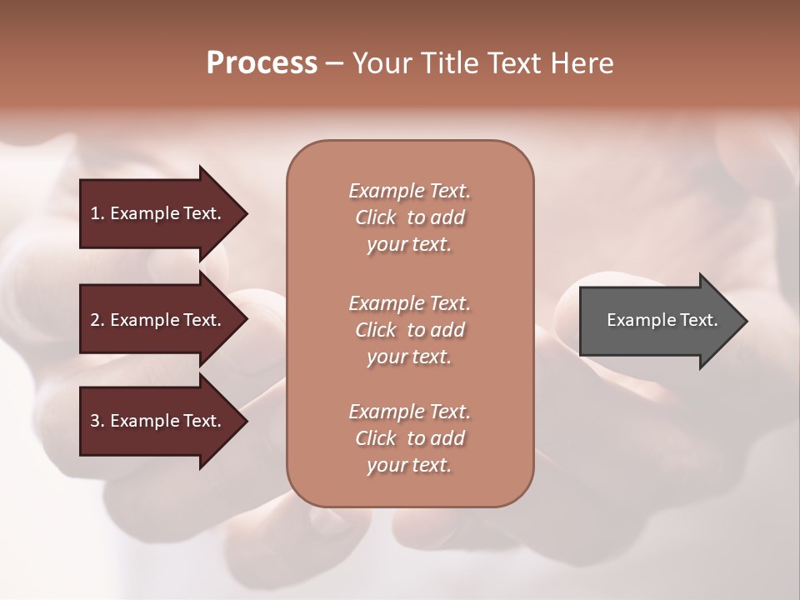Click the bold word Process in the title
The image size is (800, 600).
[x=262, y=63]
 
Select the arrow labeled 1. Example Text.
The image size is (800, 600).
[x=158, y=213]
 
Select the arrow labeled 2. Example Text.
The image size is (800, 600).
[x=158, y=320]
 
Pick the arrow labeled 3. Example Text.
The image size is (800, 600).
[x=158, y=421]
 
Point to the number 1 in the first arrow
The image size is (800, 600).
[x=95, y=213]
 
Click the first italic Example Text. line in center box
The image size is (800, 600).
[x=409, y=191]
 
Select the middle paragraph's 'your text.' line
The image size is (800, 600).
[x=408, y=357]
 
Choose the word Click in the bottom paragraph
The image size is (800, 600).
[x=376, y=438]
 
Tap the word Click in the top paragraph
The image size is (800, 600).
[x=376, y=217]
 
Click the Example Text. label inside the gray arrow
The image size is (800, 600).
[x=662, y=320]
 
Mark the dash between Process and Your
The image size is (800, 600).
[x=334, y=64]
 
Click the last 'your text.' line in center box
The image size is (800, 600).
[x=408, y=465]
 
